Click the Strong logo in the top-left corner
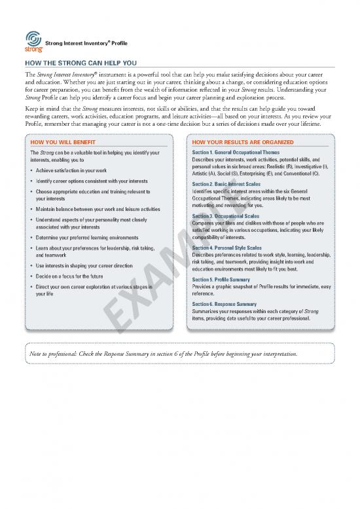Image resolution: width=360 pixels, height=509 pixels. tap(33, 40)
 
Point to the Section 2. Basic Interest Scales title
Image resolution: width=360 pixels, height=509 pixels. tap(226, 184)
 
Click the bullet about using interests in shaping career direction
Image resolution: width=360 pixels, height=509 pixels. tap(86, 266)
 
